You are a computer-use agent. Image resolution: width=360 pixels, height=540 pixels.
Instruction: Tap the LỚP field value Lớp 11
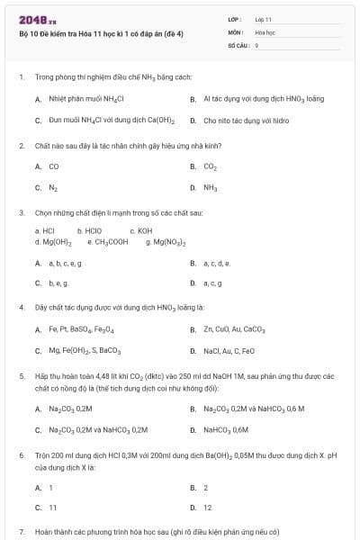coord(263,19)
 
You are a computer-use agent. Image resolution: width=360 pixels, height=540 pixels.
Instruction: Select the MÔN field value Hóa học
coord(264,31)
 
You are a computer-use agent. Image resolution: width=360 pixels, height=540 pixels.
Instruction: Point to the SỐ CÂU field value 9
coord(257,44)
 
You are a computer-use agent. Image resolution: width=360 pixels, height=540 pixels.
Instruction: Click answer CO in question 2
coord(53,166)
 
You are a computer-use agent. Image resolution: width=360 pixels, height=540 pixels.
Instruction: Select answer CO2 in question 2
coord(210,166)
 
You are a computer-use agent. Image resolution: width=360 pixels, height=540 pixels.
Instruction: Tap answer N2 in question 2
coord(53,187)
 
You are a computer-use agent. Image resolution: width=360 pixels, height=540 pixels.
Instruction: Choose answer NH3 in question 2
coord(210,187)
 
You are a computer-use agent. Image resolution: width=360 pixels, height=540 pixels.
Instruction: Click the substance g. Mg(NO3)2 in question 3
coord(166,242)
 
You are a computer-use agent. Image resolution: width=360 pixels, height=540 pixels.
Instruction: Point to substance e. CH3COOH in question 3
coord(108,242)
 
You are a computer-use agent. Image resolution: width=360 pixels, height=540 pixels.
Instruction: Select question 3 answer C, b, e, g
coord(59,283)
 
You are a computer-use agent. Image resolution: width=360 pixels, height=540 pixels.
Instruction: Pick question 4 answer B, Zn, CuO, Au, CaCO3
coord(234,329)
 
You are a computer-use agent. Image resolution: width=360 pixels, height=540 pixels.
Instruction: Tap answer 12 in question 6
coord(207,508)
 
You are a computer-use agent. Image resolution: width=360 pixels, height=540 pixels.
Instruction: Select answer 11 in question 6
coord(52,508)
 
